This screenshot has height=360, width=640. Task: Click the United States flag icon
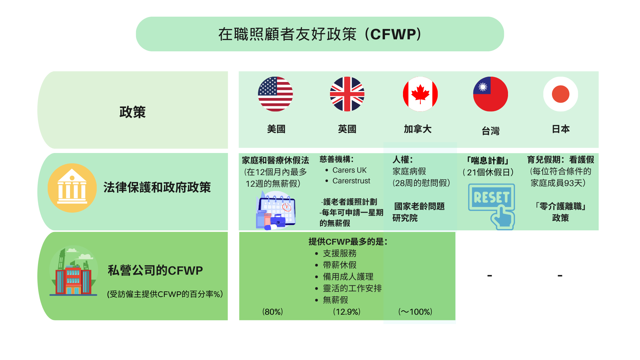tap(275, 94)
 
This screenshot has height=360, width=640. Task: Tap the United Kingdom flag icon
tap(347, 94)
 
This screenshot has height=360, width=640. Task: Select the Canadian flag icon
tap(420, 94)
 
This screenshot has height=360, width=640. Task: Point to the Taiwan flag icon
tap(490, 94)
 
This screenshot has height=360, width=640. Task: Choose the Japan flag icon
tap(561, 94)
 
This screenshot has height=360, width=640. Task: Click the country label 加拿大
tap(418, 129)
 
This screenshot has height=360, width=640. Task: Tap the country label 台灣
tap(491, 131)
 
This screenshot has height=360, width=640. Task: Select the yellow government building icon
tap(72, 188)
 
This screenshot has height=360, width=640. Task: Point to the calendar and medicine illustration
tap(276, 211)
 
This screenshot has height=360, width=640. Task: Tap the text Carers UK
tap(349, 170)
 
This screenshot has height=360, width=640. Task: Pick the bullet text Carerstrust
tap(351, 181)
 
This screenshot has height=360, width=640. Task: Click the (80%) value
tap(273, 312)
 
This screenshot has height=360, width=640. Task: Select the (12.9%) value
tap(347, 312)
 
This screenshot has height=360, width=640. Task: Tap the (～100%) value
tap(415, 312)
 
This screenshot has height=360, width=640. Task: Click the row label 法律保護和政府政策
tap(157, 187)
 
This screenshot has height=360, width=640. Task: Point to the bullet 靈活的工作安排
tap(352, 288)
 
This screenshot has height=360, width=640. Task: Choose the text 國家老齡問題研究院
tap(418, 212)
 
